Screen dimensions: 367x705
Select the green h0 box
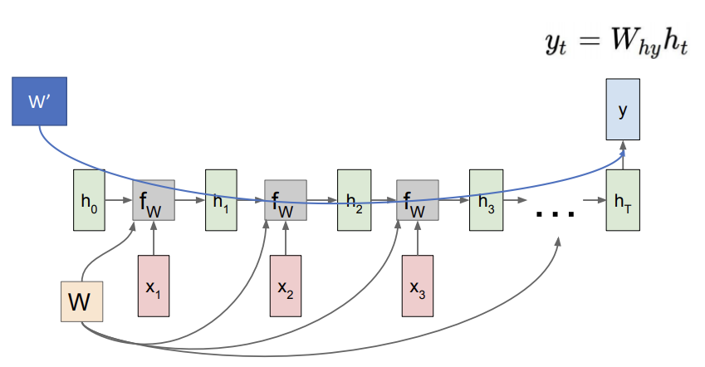click(87, 200)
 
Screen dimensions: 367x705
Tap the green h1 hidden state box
click(221, 200)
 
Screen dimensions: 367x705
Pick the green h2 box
click(353, 200)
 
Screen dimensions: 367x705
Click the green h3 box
click(486, 200)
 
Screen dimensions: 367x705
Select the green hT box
click(623, 200)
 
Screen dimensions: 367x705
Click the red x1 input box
click(153, 286)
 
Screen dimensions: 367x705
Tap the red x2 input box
click(286, 286)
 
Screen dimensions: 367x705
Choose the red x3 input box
click(418, 286)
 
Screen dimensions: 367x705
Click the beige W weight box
click(81, 301)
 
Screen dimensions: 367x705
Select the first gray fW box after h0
click(153, 200)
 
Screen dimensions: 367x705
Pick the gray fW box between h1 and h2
click(286, 200)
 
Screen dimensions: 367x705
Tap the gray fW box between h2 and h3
click(418, 200)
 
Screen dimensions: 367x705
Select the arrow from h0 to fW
click(116, 200)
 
